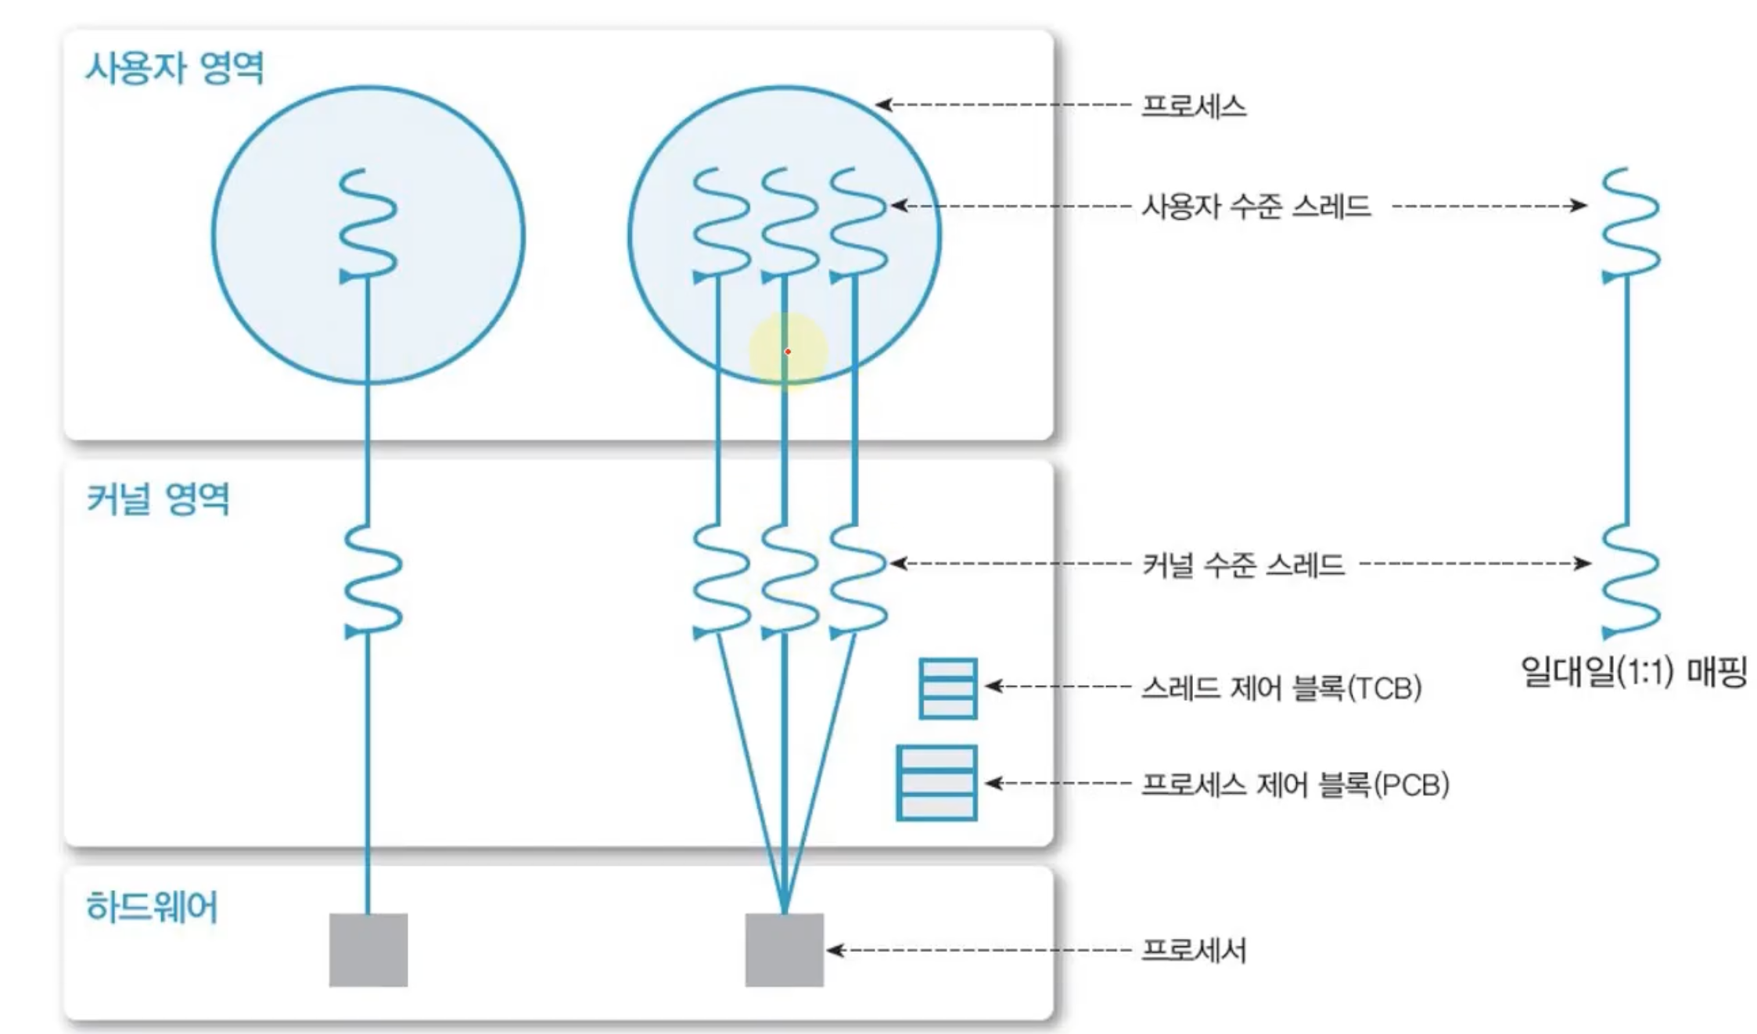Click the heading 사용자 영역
pyautogui.click(x=174, y=68)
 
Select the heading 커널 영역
pyautogui.click(x=158, y=499)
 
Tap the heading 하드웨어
pyautogui.click(x=152, y=907)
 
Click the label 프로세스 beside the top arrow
pyautogui.click(x=1193, y=106)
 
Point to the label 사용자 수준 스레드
pyautogui.click(x=1256, y=206)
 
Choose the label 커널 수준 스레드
pyautogui.click(x=1243, y=564)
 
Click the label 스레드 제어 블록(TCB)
pyautogui.click(x=1281, y=688)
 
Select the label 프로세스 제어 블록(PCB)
pyautogui.click(x=1295, y=784)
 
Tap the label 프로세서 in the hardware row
pyautogui.click(x=1193, y=951)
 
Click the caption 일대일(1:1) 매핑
pyautogui.click(x=1633, y=672)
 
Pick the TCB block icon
pyautogui.click(x=948, y=688)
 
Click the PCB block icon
pyautogui.click(x=936, y=783)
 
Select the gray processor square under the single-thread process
pyautogui.click(x=368, y=950)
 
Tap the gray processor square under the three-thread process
pyautogui.click(x=784, y=950)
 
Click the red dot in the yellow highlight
pyautogui.click(x=788, y=352)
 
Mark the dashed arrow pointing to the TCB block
pyautogui.click(x=1060, y=687)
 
